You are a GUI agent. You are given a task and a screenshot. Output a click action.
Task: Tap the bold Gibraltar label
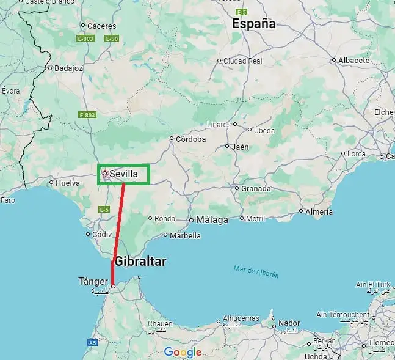(140, 261)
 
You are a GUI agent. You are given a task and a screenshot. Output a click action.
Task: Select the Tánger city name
(93, 281)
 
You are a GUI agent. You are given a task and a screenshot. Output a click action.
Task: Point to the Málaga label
(212, 219)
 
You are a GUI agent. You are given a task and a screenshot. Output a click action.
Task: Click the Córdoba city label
(190, 139)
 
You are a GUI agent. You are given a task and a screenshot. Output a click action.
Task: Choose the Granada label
(255, 188)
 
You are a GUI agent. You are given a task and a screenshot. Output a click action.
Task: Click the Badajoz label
(68, 68)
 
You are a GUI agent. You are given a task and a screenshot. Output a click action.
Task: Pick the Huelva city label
(67, 182)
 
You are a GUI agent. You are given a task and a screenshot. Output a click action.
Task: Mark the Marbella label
(185, 235)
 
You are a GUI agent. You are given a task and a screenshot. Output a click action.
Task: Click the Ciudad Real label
(242, 61)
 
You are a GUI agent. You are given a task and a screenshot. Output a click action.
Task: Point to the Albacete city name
(355, 60)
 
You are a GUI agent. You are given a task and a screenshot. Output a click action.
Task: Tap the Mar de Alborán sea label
(256, 271)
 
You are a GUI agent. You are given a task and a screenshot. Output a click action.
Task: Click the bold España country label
(253, 24)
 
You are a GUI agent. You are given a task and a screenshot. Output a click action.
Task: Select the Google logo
(183, 352)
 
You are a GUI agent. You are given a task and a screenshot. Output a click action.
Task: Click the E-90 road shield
(111, 39)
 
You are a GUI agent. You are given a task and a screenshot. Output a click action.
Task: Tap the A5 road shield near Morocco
(92, 343)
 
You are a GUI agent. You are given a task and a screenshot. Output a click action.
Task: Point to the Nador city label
(289, 323)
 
